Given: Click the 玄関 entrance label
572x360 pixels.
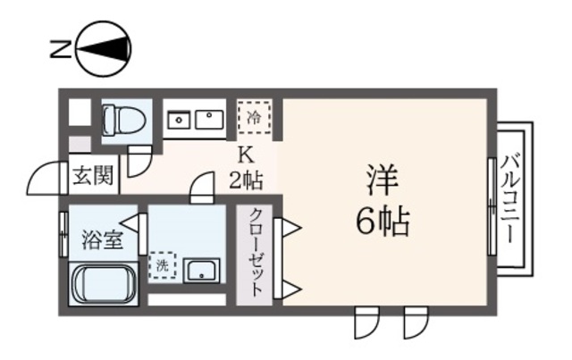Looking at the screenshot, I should (92, 176).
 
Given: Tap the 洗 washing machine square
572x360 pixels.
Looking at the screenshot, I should (162, 265).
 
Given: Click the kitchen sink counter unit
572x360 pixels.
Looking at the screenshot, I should (195, 119).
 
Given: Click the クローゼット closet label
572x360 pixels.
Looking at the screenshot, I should (257, 253).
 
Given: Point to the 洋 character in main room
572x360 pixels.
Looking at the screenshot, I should (383, 177).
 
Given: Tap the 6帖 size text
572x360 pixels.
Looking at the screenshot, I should (383, 221).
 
